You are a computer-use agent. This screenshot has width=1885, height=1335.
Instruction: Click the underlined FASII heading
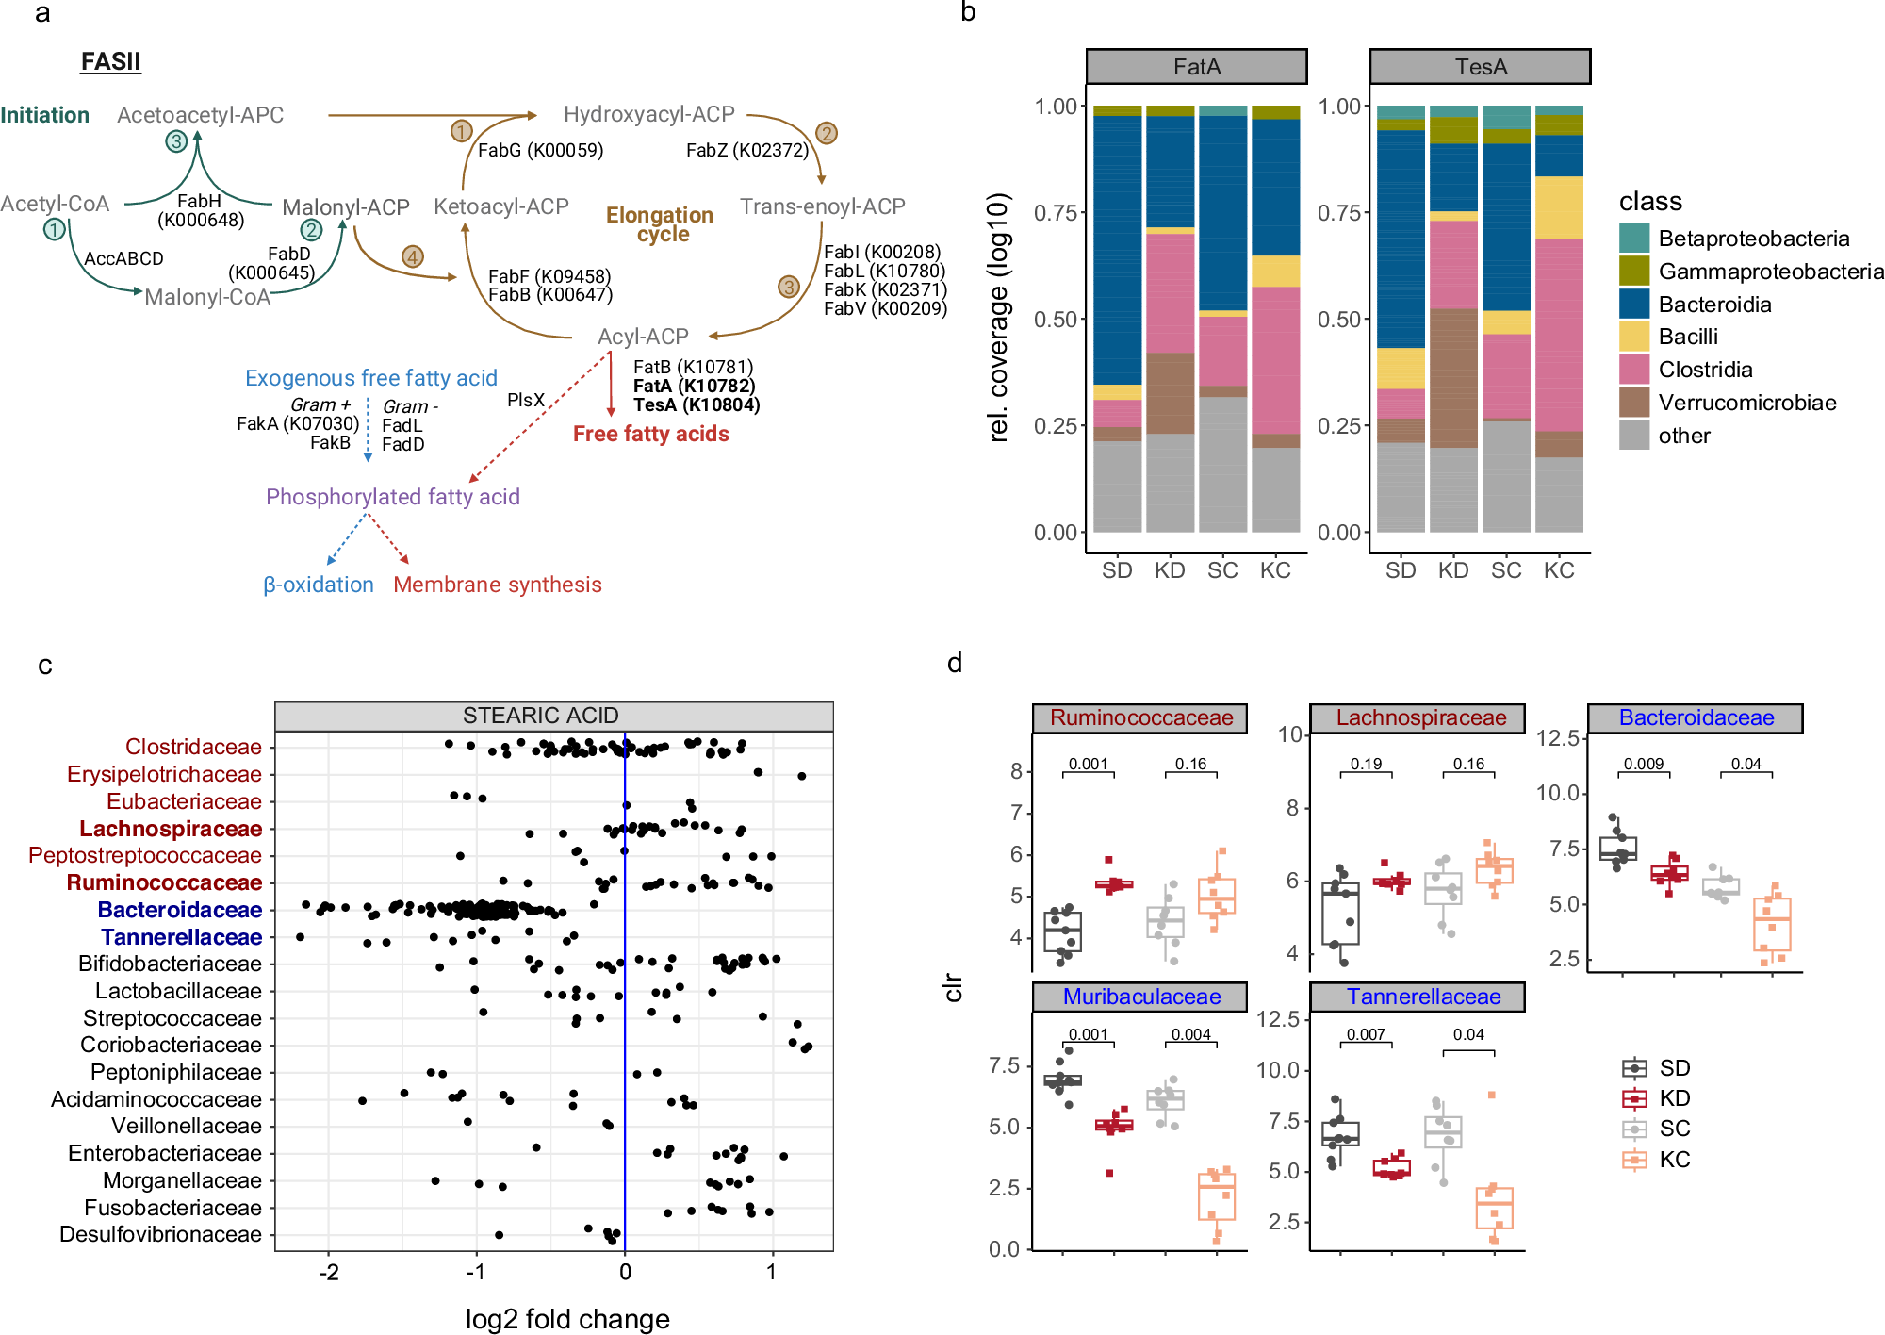point(110,61)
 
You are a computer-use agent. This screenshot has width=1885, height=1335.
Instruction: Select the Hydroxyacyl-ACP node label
point(648,114)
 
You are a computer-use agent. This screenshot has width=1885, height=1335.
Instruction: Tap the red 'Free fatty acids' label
point(650,434)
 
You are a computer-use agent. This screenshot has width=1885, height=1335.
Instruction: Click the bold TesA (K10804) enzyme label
point(696,405)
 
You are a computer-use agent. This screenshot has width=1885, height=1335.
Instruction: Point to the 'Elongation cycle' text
point(660,224)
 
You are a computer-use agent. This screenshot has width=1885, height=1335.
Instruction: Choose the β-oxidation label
point(318,585)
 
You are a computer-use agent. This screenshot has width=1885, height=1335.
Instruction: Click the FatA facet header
point(1196,67)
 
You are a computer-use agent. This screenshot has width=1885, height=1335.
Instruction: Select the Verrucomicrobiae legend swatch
point(1634,403)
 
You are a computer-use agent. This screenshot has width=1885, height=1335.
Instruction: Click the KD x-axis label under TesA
point(1452,570)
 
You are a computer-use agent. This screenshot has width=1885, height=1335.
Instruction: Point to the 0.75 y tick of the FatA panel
point(1055,213)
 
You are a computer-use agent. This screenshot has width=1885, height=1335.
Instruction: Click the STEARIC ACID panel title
point(540,716)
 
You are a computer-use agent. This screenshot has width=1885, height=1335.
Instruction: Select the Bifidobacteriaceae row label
point(170,964)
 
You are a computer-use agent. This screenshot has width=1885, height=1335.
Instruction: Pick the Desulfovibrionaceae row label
point(160,1234)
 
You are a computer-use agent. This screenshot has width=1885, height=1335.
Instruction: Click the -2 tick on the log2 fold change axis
point(328,1272)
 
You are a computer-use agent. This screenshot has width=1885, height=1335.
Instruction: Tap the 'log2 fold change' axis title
point(567,1319)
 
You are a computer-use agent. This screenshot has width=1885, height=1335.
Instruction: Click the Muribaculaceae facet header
point(1140,997)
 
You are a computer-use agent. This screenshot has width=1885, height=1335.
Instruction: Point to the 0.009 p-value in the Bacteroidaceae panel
point(1643,764)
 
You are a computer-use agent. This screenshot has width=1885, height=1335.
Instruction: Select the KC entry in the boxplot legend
point(1674,1160)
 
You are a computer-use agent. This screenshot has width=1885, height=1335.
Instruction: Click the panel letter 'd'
point(954,663)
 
